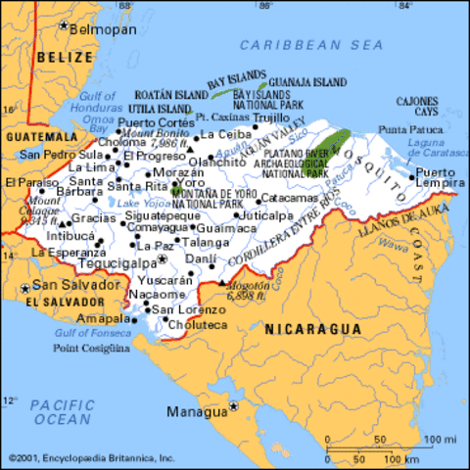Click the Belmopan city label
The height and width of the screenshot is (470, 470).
(102, 30)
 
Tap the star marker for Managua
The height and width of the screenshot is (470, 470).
(234, 404)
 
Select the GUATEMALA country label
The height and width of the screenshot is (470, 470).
(41, 137)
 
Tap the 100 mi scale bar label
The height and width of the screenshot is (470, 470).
(443, 438)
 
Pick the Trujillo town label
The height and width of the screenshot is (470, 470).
(271, 117)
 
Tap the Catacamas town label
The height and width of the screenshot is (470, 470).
(292, 198)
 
